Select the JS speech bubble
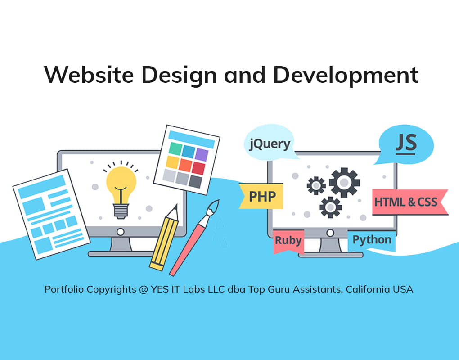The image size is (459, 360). click(x=406, y=144)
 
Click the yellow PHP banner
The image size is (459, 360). click(x=261, y=196)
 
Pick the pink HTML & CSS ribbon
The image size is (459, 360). click(x=410, y=202)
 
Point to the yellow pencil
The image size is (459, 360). click(x=165, y=238)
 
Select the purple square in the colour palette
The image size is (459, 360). click(x=202, y=154)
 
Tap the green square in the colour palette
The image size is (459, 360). click(x=175, y=148)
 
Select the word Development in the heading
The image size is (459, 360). click(x=346, y=75)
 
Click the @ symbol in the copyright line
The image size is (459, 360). click(x=144, y=289)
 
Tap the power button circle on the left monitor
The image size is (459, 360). click(x=120, y=232)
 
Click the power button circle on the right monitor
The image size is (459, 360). click(x=330, y=233)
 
